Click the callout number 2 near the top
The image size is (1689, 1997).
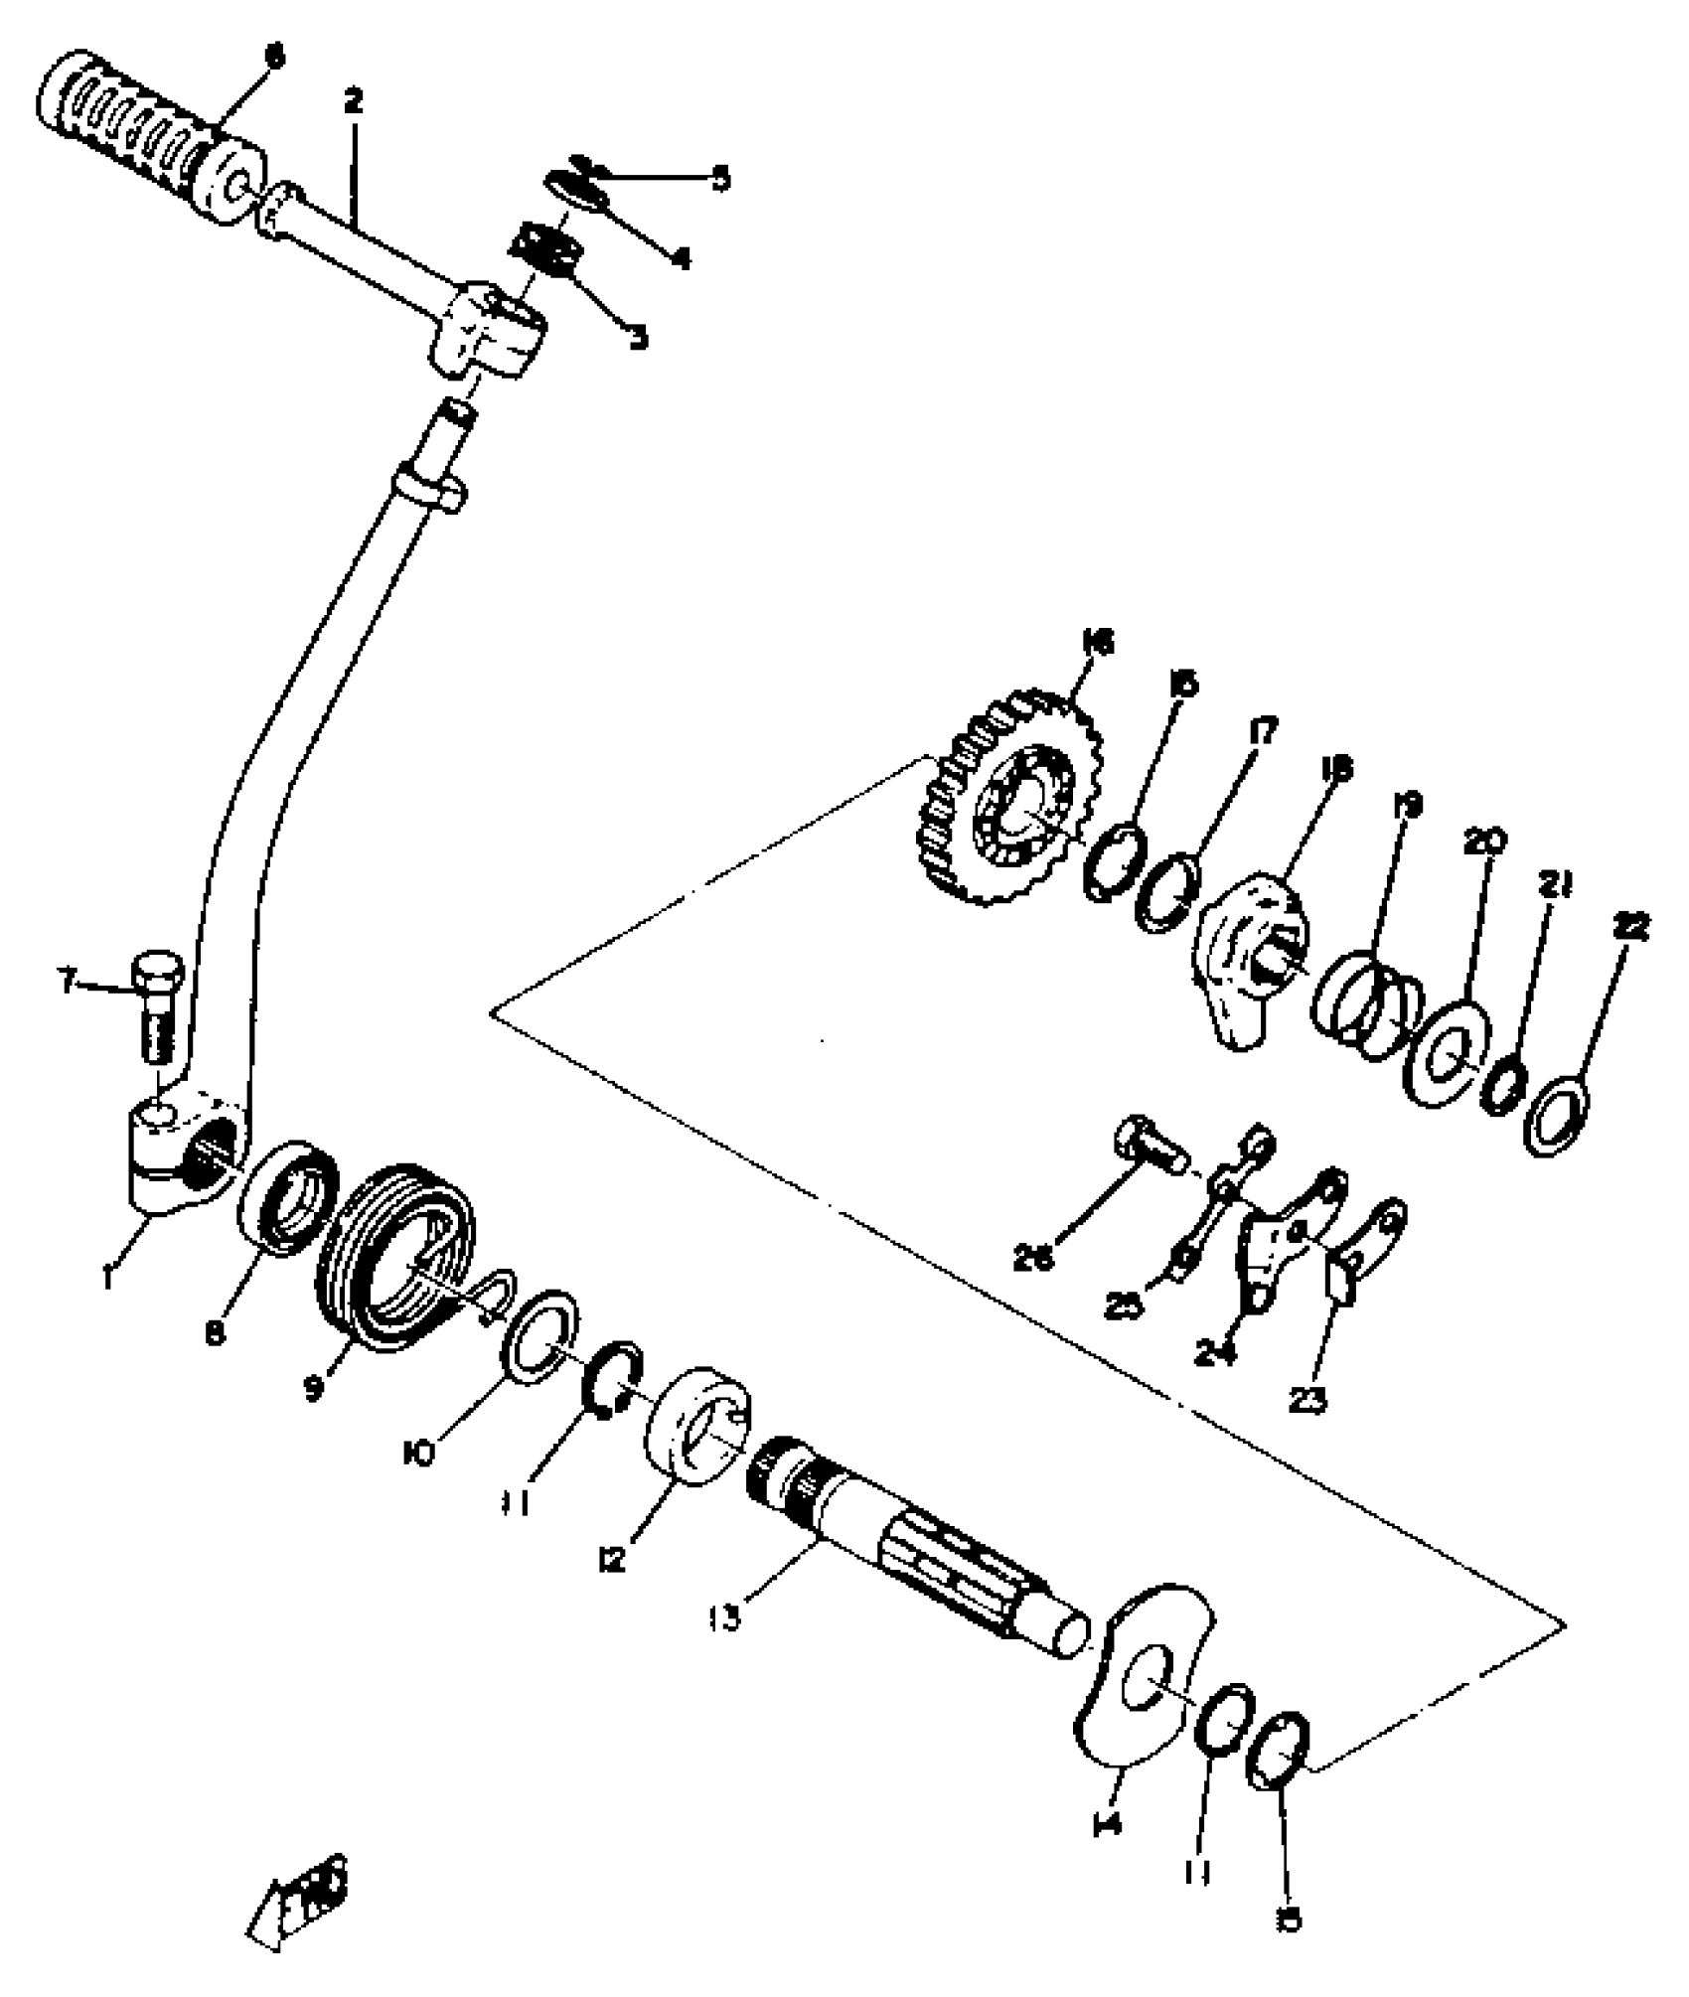(354, 101)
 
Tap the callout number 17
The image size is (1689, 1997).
(1263, 733)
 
